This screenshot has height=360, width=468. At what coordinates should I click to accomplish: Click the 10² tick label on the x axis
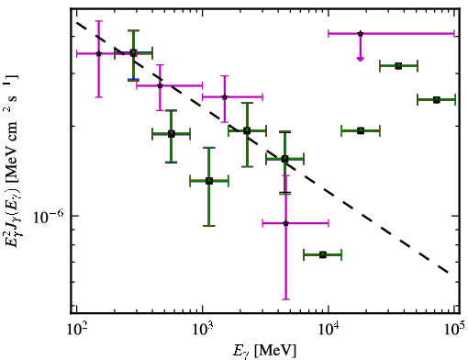pyautogui.click(x=76, y=330)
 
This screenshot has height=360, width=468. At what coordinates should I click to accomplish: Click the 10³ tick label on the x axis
pyautogui.click(x=202, y=330)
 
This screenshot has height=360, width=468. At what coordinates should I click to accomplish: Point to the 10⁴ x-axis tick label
pyautogui.click(x=329, y=330)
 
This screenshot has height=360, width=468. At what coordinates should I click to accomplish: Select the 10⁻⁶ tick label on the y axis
pyautogui.click(x=49, y=217)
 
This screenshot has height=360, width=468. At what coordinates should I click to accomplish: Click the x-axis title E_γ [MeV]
pyautogui.click(x=264, y=351)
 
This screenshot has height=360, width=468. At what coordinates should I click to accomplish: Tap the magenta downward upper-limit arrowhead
pyautogui.click(x=361, y=59)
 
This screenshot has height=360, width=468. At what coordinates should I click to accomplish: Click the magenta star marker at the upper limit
pyautogui.click(x=361, y=33)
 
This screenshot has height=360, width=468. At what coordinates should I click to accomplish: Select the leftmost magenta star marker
pyautogui.click(x=98, y=53)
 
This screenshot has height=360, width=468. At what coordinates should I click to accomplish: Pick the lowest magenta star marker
pyautogui.click(x=285, y=223)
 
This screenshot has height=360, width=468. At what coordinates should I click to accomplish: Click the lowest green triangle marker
pyautogui.click(x=323, y=254)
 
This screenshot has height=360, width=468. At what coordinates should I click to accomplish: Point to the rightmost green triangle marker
pyautogui.click(x=437, y=100)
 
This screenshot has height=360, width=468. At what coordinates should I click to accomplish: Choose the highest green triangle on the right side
pyautogui.click(x=398, y=66)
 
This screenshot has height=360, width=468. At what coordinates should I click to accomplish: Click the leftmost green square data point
pyautogui.click(x=133, y=53)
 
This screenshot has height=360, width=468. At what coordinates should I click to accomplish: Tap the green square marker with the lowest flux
pyautogui.click(x=209, y=181)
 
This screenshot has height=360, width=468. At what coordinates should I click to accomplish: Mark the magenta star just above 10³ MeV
pyautogui.click(x=225, y=97)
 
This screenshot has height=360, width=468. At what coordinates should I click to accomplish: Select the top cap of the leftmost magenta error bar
pyautogui.click(x=98, y=21)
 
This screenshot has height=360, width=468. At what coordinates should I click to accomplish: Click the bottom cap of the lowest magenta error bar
pyautogui.click(x=285, y=299)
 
